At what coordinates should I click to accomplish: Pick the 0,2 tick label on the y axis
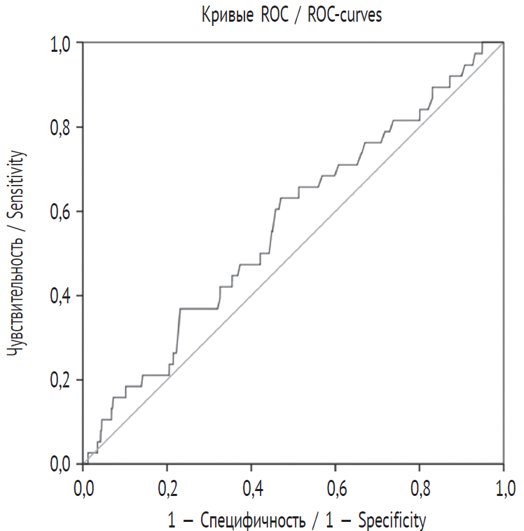[62, 380]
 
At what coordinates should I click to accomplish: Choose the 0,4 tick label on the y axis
[62, 296]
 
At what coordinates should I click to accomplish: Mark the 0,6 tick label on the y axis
[62, 212]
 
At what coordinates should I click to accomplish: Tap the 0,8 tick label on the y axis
[62, 127]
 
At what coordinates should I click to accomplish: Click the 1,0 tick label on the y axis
[62, 43]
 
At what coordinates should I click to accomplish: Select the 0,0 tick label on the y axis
[62, 464]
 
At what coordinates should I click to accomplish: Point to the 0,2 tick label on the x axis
[168, 487]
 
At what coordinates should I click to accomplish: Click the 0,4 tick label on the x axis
[252, 487]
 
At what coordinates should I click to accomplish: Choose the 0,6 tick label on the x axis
[336, 487]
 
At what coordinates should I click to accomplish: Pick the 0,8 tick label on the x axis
[420, 487]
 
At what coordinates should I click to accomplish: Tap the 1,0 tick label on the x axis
[503, 487]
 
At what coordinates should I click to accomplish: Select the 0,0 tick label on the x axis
[84, 487]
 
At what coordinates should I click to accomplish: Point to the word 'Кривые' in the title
[226, 15]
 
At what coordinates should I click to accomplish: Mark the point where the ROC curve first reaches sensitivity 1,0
[483, 43]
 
